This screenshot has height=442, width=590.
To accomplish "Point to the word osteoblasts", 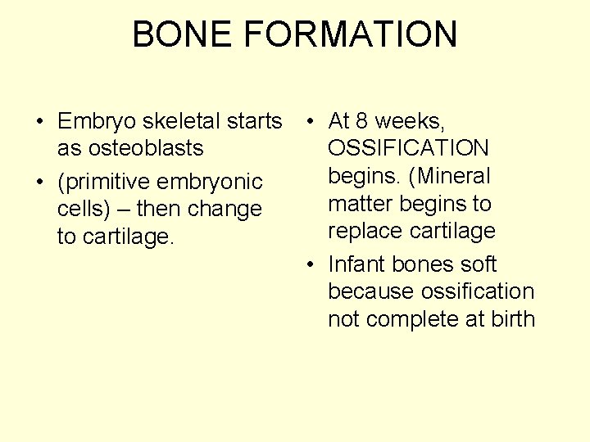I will [x=130, y=149].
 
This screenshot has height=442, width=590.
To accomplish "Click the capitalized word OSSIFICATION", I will [x=408, y=149].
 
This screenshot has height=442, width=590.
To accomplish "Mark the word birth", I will [x=513, y=319].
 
